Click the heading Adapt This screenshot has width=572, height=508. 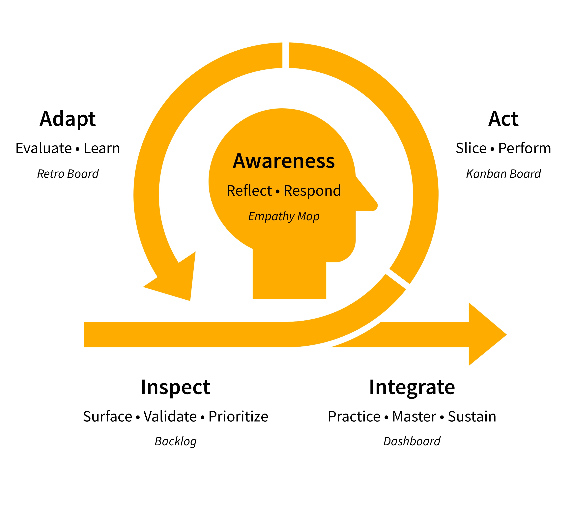point(68,119)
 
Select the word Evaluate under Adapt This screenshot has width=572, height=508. point(44,148)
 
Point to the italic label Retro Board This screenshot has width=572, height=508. point(68,174)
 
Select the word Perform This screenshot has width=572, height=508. point(524,148)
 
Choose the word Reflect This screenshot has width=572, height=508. point(249,191)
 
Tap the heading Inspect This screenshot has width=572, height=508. point(175,387)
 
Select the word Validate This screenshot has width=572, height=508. point(170,417)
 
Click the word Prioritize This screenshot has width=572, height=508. point(238,417)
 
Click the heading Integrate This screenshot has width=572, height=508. point(412,387)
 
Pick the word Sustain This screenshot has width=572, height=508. point(472,417)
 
